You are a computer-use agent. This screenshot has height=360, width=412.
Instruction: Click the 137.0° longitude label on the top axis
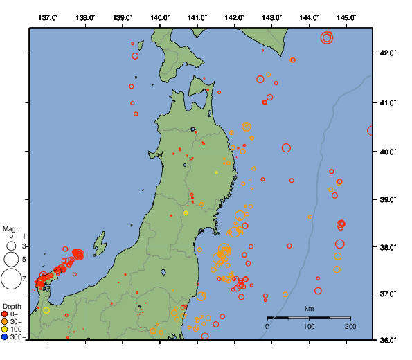click(48, 17)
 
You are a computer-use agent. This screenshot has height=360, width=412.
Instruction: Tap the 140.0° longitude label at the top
click(160, 17)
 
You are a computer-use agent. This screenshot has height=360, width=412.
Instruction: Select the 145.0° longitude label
click(346, 17)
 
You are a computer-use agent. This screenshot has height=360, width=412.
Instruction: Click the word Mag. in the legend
click(10, 228)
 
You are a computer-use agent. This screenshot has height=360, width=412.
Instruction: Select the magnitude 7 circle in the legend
click(10, 278)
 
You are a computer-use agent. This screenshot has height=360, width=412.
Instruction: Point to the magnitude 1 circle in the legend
click(11, 237)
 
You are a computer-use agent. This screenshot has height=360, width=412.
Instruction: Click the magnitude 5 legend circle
click(11, 259)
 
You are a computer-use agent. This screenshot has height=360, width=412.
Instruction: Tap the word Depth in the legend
click(12, 306)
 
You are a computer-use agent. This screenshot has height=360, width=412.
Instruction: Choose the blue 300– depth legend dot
click(5, 337)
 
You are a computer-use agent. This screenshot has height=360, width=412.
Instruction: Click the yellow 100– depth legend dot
click(5, 330)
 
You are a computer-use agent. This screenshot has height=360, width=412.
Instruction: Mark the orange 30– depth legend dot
click(5, 322)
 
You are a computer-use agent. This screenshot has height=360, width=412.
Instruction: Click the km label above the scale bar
click(309, 308)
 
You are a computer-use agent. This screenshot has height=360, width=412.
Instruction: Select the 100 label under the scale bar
click(309, 326)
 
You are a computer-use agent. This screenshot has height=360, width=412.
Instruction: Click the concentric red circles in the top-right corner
click(327, 37)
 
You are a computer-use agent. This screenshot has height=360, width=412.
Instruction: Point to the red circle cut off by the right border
click(372, 130)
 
